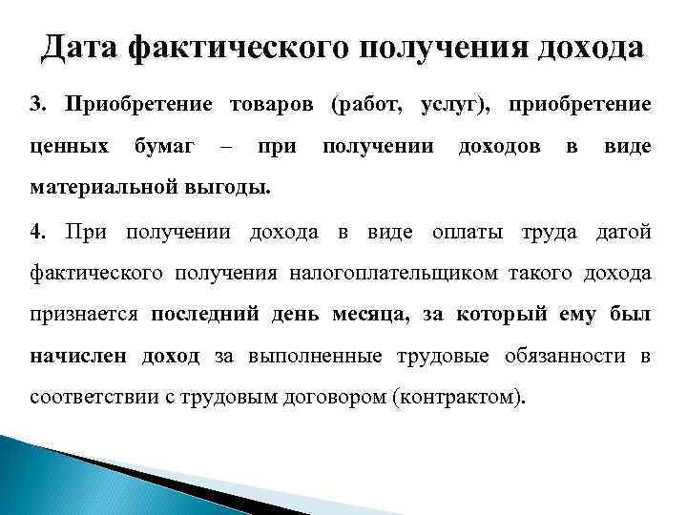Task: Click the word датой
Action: [623, 232]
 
